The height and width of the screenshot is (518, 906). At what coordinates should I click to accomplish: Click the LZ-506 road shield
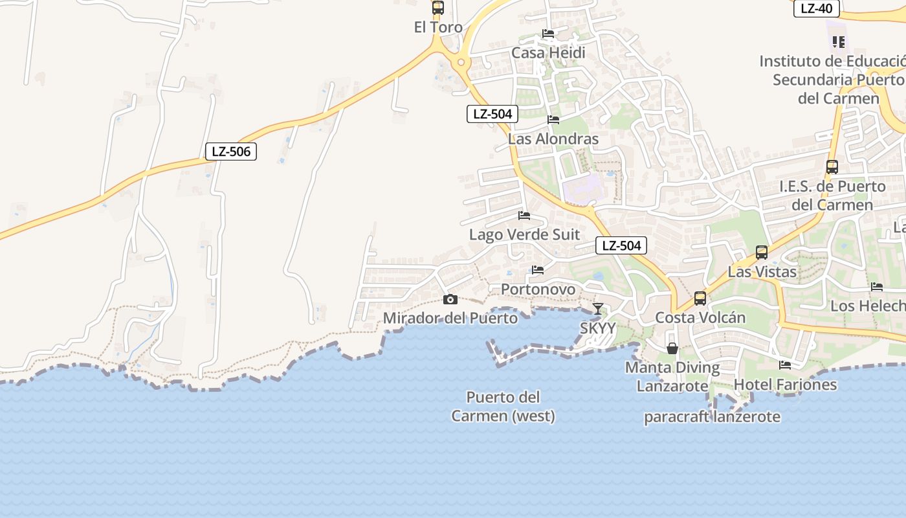[231, 152]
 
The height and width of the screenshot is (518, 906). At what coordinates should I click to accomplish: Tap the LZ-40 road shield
[816, 8]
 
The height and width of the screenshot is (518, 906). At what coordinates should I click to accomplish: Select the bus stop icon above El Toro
[438, 8]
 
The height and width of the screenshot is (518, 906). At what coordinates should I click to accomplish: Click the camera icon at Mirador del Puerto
[450, 299]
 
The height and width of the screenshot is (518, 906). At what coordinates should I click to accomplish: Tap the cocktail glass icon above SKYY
[598, 309]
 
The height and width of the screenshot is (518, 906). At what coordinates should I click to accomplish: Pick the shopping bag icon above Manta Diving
[672, 348]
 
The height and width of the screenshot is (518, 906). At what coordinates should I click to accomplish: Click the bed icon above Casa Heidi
[548, 34]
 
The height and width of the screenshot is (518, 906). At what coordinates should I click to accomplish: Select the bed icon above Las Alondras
[553, 119]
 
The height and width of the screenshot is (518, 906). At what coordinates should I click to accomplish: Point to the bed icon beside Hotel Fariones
[785, 365]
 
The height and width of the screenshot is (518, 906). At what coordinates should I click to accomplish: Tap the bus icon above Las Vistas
[762, 253]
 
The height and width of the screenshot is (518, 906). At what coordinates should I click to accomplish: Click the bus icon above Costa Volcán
[700, 298]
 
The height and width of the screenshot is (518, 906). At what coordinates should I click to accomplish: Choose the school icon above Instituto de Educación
[839, 42]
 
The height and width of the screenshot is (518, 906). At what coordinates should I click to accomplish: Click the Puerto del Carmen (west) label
[503, 406]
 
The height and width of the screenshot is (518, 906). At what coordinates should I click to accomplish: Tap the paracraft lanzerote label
[712, 417]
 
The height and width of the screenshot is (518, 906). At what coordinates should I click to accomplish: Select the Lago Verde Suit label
[524, 234]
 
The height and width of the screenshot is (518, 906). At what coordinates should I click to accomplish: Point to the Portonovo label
[538, 289]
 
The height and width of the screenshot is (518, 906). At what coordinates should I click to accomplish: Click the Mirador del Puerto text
[450, 318]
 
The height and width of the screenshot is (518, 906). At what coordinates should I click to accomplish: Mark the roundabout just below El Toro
[461, 63]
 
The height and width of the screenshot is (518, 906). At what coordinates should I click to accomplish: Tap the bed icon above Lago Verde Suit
[524, 215]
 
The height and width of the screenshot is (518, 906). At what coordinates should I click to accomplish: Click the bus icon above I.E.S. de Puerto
[832, 166]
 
